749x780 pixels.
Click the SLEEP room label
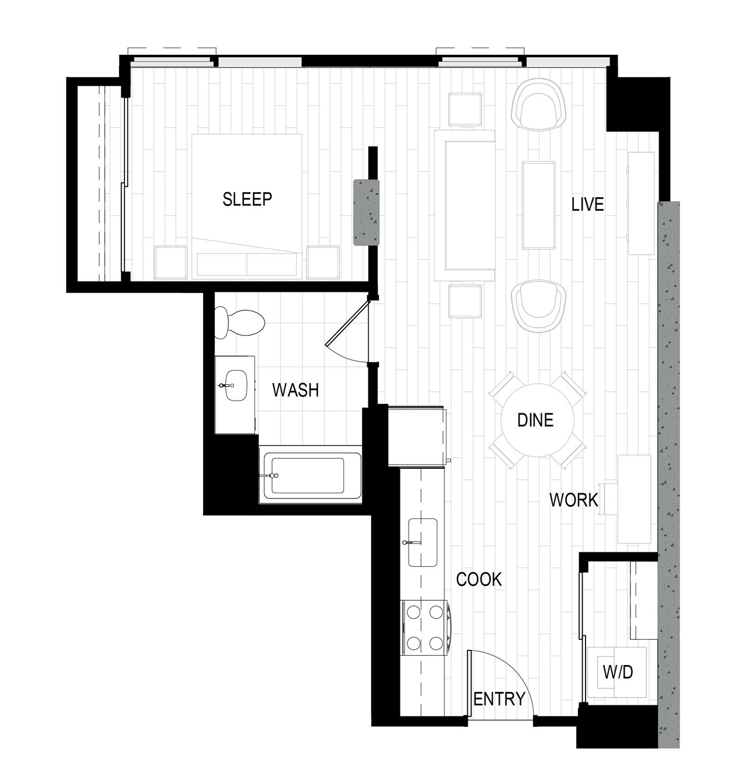[248, 199]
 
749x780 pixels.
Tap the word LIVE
[587, 204]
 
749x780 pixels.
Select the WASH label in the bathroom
[296, 390]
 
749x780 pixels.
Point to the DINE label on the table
[535, 420]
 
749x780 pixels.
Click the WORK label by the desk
[574, 500]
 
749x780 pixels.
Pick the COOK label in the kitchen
[479, 579]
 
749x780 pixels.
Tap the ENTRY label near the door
[499, 699]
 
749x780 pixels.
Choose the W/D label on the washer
[618, 672]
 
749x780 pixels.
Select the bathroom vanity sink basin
[236, 385]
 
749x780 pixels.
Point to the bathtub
[310, 475]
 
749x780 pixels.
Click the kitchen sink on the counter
[423, 542]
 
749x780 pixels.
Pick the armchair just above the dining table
[539, 305]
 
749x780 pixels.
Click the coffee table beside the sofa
[539, 206]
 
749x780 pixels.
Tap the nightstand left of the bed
[170, 263]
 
